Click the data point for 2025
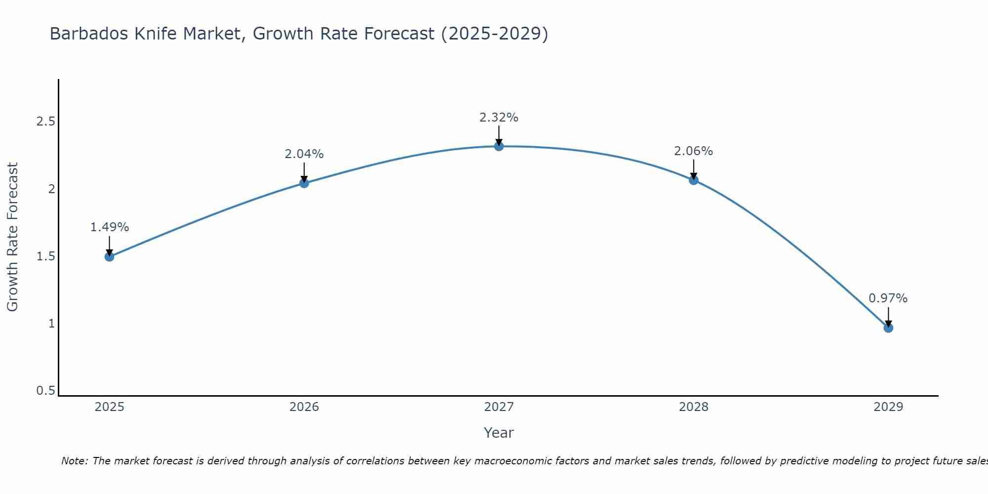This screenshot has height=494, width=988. [110, 256]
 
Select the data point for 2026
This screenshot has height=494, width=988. [304, 183]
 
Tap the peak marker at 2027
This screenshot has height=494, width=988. [499, 146]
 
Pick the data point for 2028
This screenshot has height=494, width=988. [694, 180]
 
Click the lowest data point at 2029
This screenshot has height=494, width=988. [888, 328]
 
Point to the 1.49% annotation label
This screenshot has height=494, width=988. [110, 227]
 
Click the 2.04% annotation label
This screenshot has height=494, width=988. [304, 154]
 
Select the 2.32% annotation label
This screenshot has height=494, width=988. [499, 118]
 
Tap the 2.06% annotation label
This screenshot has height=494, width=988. [694, 151]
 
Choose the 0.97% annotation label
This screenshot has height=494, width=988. [888, 298]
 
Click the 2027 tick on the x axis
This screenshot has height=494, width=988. [499, 407]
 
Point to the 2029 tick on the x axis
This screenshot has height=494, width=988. [888, 407]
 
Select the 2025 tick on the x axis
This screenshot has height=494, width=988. [110, 407]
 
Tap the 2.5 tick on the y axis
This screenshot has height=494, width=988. [45, 122]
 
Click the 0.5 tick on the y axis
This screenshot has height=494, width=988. [45, 391]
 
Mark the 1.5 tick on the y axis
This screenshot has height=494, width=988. [45, 256]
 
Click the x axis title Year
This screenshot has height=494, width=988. [499, 433]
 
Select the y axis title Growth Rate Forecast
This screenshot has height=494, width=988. [12, 237]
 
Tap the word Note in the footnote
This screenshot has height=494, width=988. [74, 461]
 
